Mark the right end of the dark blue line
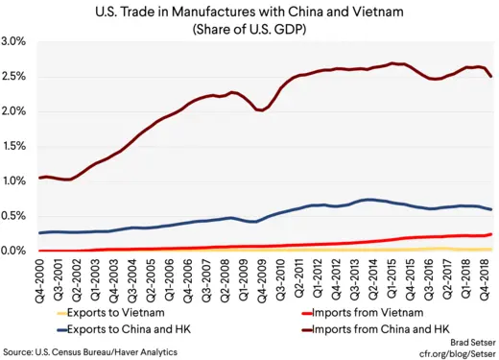pyautogui.click(x=493, y=209)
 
